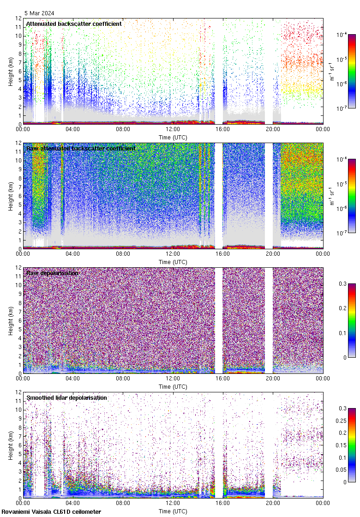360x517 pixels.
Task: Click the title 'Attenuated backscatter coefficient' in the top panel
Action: pyautogui.click(x=74, y=24)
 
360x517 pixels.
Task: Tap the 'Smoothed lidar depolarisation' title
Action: pyautogui.click(x=66, y=397)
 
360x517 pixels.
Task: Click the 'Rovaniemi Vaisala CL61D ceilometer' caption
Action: pyautogui.click(x=51, y=511)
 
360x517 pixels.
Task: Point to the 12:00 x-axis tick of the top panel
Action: pyautogui.click(x=173, y=129)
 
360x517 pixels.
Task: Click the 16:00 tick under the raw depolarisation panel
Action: pyautogui.click(x=223, y=379)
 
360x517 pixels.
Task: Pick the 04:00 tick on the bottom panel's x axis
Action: pyautogui.click(x=73, y=503)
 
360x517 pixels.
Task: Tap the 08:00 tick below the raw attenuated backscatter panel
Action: pyautogui.click(x=123, y=254)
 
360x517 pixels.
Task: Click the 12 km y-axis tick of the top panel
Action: pyautogui.click(x=17, y=18)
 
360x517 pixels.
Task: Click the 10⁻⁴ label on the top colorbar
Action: pyautogui.click(x=342, y=35)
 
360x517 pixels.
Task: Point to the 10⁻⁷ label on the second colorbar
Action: pyautogui.click(x=342, y=233)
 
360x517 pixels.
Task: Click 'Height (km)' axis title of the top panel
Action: pyautogui.click(x=11, y=72)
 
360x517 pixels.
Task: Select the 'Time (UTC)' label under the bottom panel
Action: pyautogui.click(x=173, y=511)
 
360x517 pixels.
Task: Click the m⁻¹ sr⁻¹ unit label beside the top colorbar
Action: pyautogui.click(x=332, y=72)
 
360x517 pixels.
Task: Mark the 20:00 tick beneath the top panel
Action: pyautogui.click(x=273, y=129)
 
